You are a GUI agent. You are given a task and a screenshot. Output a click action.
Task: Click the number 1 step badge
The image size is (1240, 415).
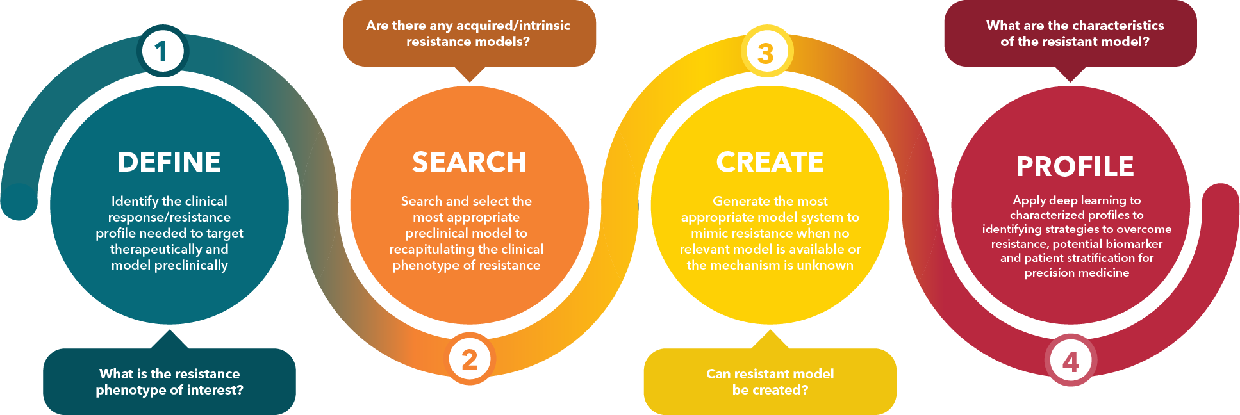(162, 51)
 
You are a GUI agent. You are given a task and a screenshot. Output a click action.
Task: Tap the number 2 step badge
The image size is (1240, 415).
(470, 359)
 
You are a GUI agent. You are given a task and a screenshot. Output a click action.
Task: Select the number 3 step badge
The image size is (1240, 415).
(767, 52)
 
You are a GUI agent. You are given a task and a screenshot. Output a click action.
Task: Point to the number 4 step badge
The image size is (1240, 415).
(1071, 361)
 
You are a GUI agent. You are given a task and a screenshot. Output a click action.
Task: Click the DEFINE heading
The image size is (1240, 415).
(169, 162)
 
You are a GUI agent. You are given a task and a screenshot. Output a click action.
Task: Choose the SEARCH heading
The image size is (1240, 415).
(469, 162)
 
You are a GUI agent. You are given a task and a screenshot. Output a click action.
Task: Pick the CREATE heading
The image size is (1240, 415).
(770, 162)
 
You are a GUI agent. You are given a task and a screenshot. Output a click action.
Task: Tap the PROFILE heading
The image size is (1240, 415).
(1075, 167)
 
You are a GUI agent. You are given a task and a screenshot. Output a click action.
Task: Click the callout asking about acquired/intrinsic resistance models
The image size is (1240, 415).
(469, 33)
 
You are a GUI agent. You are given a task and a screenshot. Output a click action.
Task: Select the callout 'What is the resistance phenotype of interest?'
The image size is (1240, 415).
(169, 382)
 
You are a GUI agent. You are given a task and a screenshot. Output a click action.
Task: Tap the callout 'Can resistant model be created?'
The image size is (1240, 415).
(770, 382)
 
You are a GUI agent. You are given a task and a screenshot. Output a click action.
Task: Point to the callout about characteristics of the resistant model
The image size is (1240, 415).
(1075, 33)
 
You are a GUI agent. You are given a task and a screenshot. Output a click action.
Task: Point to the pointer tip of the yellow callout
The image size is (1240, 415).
(770, 331)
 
